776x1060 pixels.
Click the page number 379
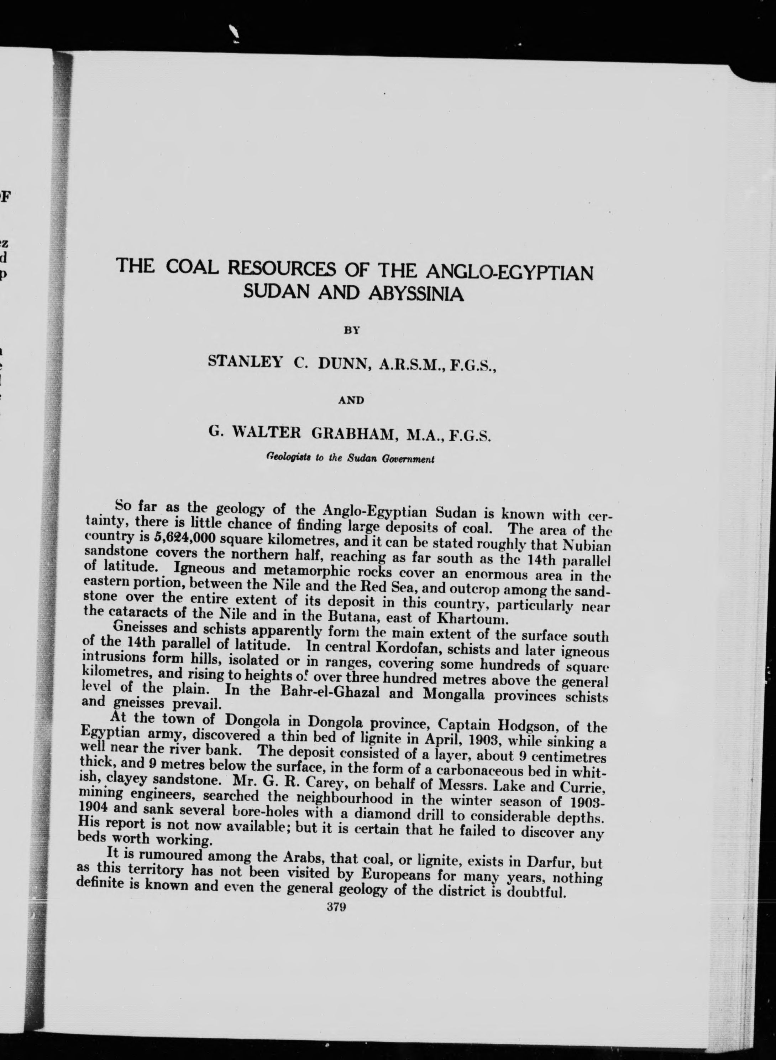[x=336, y=907]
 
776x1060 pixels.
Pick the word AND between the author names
[x=351, y=400]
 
